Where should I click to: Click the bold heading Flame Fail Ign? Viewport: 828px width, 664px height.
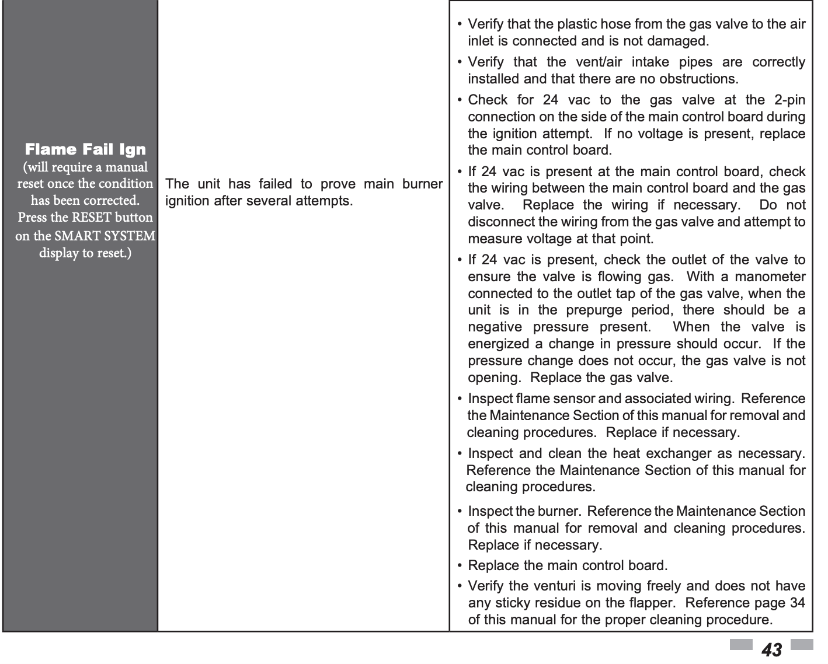(x=85, y=149)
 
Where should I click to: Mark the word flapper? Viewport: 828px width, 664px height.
(x=652, y=603)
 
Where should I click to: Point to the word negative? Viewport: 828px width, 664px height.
(x=495, y=327)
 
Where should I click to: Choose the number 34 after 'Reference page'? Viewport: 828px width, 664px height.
(x=797, y=603)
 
